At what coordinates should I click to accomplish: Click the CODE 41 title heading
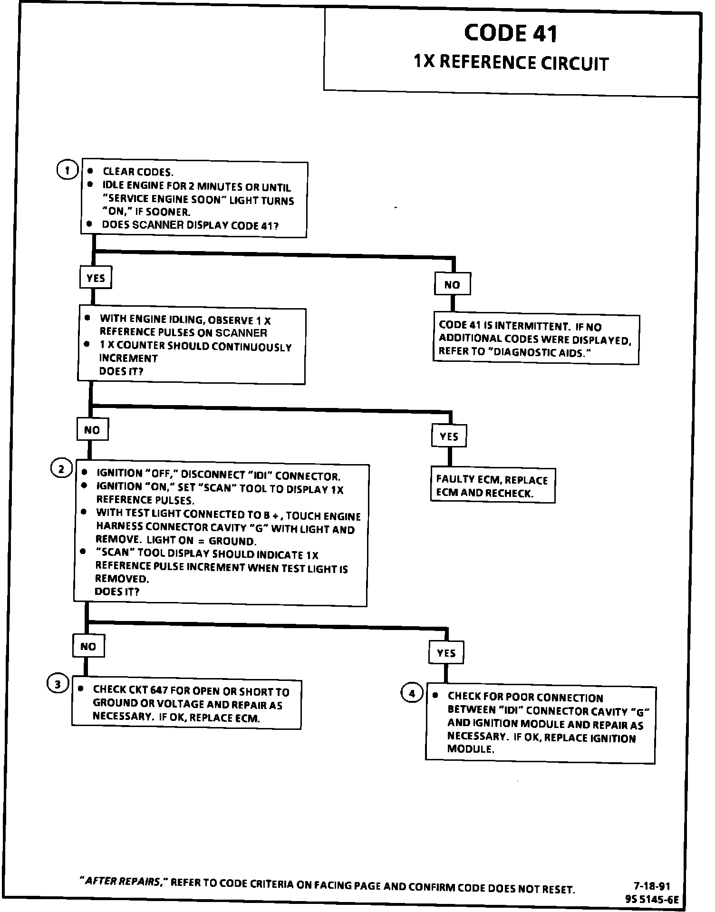pos(510,33)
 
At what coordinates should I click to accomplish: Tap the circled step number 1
pos(67,170)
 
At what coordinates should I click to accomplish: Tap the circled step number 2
pos(61,469)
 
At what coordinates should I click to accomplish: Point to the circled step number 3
pos(57,684)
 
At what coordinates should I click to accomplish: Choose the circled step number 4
pos(412,693)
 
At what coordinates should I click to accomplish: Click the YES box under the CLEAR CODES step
pos(96,278)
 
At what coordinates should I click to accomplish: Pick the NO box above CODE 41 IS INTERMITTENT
pos(452,284)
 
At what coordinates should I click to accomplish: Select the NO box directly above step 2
pos(92,430)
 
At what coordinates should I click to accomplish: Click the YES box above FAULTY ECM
pos(449,436)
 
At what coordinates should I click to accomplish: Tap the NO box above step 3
pos(88,646)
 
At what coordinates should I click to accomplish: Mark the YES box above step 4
pos(446,653)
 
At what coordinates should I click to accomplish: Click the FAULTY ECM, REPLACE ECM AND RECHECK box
pos(493,486)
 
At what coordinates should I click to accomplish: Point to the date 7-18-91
pos(652,886)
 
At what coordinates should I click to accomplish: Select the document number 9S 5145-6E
pos(652,899)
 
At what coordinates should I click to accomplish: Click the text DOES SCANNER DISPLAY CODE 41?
pos(190,225)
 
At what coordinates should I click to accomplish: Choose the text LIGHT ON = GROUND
pos(201,541)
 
